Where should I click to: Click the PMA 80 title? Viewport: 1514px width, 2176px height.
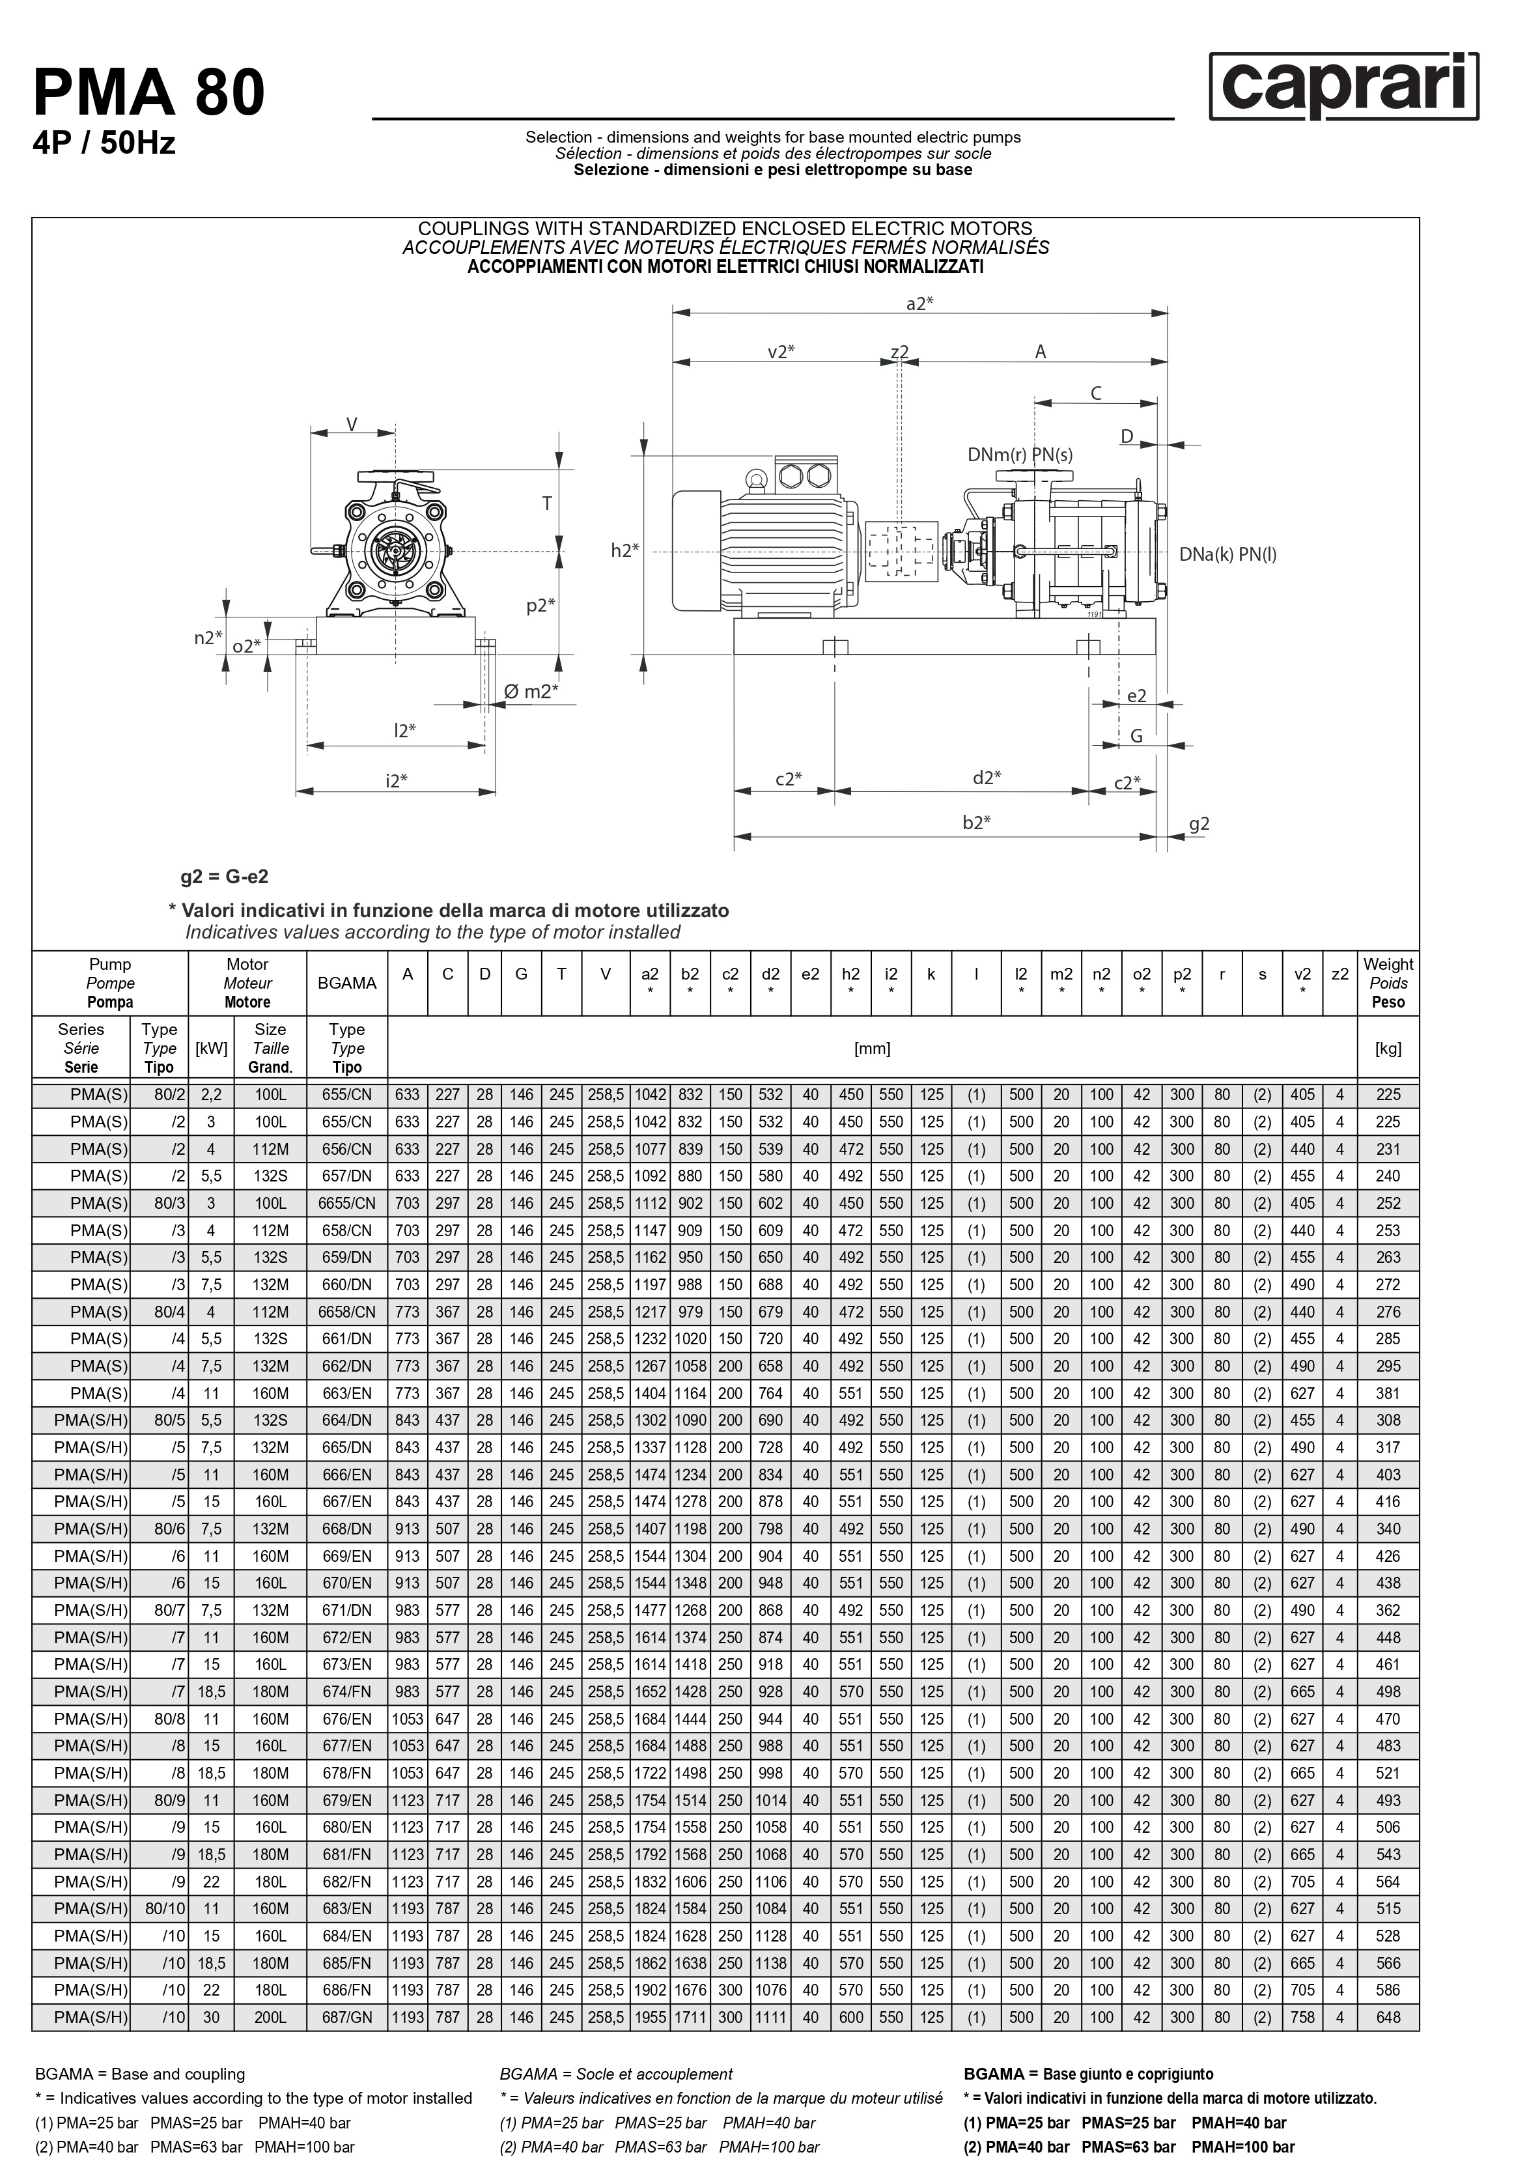point(148,93)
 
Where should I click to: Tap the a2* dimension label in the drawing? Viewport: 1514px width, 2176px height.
point(919,304)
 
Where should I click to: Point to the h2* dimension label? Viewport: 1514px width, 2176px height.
point(624,550)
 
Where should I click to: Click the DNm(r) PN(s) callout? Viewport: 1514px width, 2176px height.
point(1020,455)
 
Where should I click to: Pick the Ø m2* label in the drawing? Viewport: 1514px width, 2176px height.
point(531,692)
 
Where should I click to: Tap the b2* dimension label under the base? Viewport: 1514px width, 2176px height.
point(976,823)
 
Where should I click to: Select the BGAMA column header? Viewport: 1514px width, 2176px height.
point(347,983)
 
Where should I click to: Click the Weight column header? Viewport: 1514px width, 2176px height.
point(1387,983)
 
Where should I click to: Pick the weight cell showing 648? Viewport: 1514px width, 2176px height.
point(1387,2018)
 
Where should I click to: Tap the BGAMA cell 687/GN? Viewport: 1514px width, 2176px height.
point(347,2018)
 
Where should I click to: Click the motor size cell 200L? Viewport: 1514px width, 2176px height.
point(270,2018)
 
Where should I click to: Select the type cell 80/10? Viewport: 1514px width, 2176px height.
point(166,1909)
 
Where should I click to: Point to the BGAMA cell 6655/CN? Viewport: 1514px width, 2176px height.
point(347,1204)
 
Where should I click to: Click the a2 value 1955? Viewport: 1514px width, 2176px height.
point(650,2018)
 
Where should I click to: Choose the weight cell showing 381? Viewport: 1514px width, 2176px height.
point(1387,1393)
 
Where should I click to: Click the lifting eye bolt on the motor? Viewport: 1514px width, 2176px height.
point(755,481)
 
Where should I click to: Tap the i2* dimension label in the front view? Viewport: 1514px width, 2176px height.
point(396,781)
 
